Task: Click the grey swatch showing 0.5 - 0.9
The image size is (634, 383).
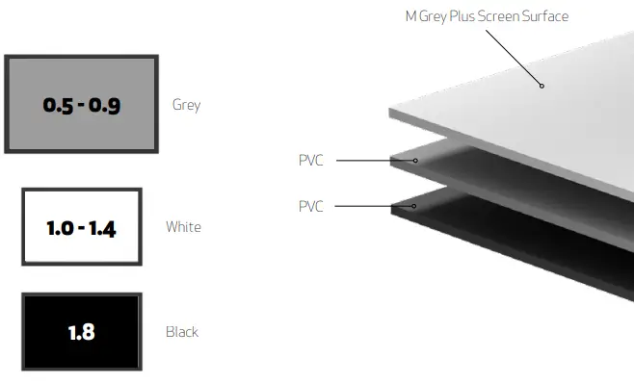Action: pyautogui.click(x=81, y=104)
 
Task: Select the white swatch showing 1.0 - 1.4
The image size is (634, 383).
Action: pyautogui.click(x=81, y=227)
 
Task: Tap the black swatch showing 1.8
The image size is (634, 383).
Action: pyautogui.click(x=81, y=332)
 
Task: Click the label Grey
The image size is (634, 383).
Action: pyautogui.click(x=186, y=104)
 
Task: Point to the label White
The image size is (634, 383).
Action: pyautogui.click(x=183, y=227)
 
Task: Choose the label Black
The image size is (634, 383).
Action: pyautogui.click(x=182, y=332)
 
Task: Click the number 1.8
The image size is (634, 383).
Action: pyautogui.click(x=81, y=333)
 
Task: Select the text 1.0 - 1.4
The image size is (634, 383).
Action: pyautogui.click(x=81, y=228)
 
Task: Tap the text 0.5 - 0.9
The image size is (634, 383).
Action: pyautogui.click(x=81, y=105)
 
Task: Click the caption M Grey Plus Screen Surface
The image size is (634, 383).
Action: pyautogui.click(x=487, y=16)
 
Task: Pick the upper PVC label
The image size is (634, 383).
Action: pyautogui.click(x=310, y=160)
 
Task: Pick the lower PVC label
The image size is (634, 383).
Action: pyautogui.click(x=310, y=206)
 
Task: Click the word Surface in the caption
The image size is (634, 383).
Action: pyautogui.click(x=543, y=16)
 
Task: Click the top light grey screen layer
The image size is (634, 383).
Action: pyautogui.click(x=520, y=106)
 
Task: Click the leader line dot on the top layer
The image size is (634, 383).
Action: pyautogui.click(x=542, y=86)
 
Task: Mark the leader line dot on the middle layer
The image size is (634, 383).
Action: pyautogui.click(x=416, y=160)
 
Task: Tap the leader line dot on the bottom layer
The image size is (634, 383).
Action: pyautogui.click(x=413, y=206)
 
